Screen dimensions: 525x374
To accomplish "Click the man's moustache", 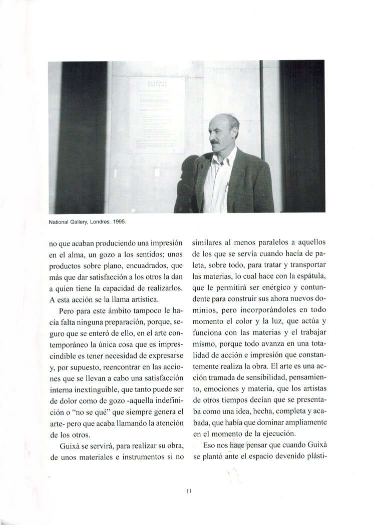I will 216,142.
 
